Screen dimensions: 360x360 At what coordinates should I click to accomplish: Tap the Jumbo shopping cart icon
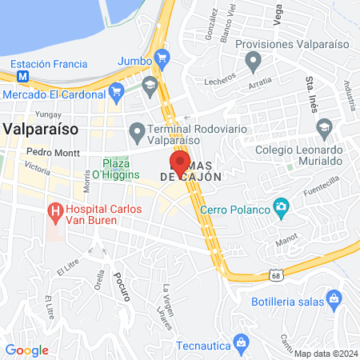point(162,58)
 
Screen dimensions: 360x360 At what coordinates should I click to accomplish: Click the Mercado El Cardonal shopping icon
point(118,91)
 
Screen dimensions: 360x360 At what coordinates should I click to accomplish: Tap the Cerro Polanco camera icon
point(281,209)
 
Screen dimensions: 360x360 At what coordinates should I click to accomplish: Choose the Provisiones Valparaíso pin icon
point(254,60)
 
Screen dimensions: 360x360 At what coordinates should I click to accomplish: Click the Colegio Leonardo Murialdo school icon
point(324,127)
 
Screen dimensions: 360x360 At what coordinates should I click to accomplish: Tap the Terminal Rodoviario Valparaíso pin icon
point(137,130)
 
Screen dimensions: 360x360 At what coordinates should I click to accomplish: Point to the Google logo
point(26,350)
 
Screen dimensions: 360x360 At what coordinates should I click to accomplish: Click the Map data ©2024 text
point(325,354)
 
